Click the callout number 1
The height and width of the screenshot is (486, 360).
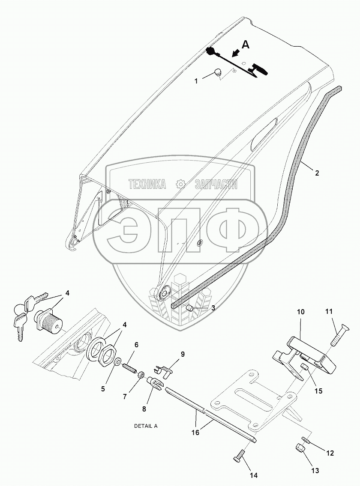[196, 81]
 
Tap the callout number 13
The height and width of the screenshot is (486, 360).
[315, 471]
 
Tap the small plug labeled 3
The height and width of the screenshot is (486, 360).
[190, 308]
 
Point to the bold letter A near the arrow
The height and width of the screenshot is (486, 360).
[246, 44]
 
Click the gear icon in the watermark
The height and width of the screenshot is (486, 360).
[180, 184]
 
